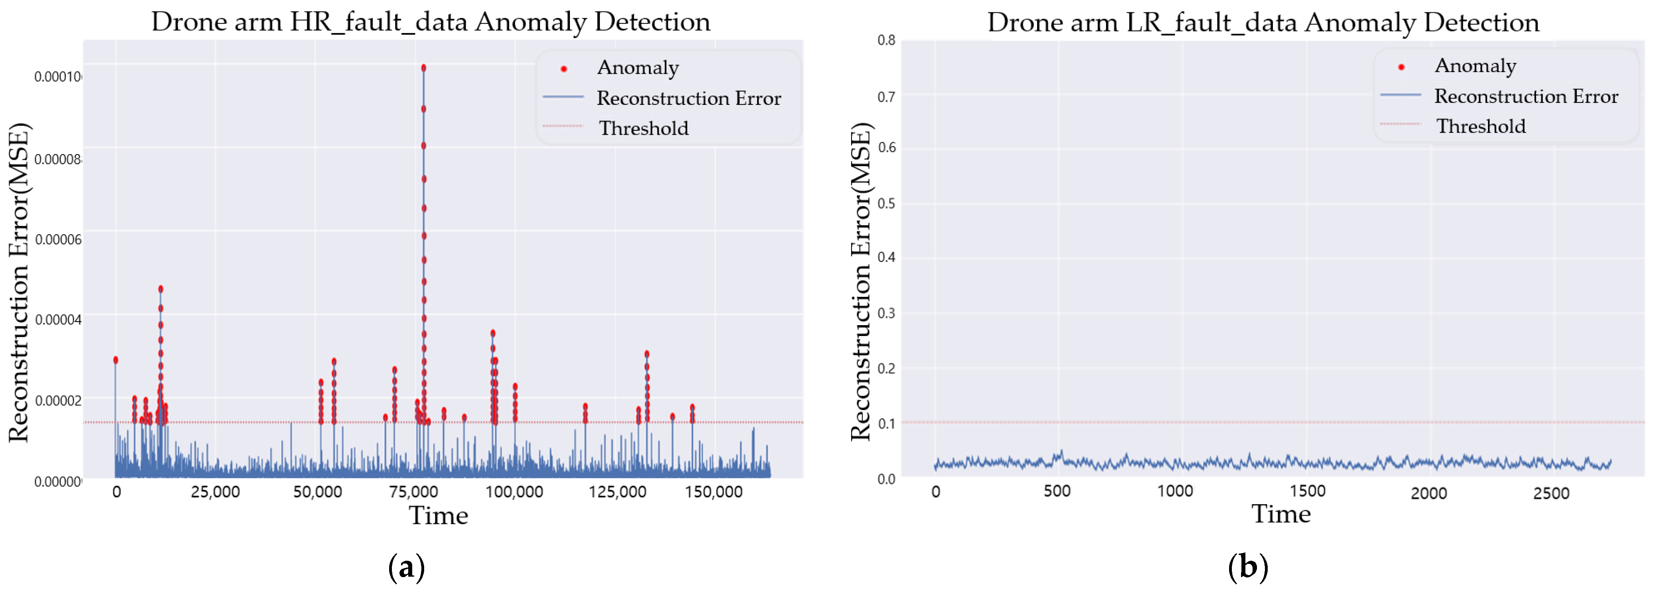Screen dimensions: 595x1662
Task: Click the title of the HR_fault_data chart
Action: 431,22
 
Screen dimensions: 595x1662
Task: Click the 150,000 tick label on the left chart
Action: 714,492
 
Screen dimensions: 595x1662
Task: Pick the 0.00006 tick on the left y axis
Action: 58,240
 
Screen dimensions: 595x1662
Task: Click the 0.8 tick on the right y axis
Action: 887,40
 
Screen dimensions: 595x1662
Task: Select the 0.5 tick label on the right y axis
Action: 887,203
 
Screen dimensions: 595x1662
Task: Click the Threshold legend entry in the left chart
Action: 643,128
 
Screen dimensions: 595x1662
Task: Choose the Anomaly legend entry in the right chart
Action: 1475,66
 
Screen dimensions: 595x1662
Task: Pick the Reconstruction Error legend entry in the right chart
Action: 1526,96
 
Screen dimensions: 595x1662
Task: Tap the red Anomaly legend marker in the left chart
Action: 563,69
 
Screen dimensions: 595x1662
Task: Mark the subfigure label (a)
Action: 407,567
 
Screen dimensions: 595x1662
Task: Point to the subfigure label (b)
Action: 1248,567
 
